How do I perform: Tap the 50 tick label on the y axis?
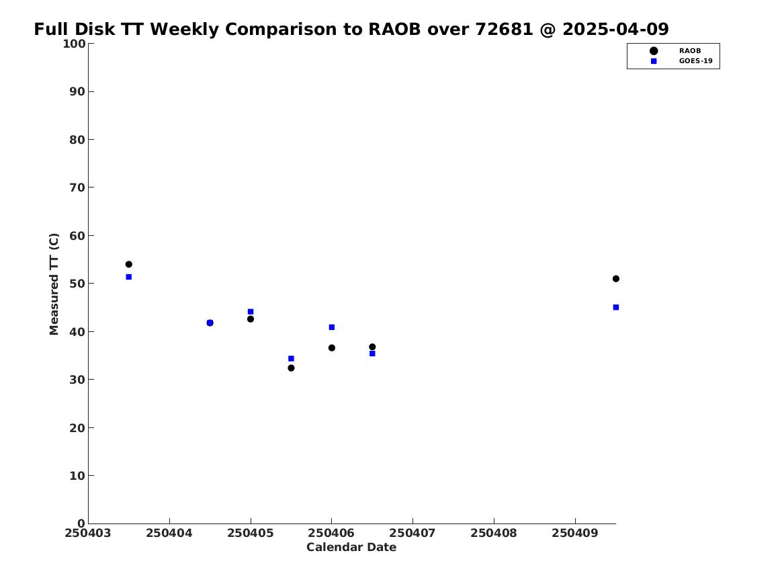[x=77, y=284]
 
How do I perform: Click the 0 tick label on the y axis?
[x=81, y=523]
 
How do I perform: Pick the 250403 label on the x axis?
[x=88, y=533]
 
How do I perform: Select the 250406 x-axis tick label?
[x=331, y=533]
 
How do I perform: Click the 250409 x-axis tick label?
[x=575, y=533]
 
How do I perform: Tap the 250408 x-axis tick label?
[x=494, y=533]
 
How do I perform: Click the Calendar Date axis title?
[x=351, y=547]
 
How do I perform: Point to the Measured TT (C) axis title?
[x=54, y=284]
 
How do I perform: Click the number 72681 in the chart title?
[x=504, y=29]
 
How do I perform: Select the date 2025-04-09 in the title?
[x=615, y=29]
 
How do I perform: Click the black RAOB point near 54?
[x=128, y=264]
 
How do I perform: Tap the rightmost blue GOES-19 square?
[x=616, y=308]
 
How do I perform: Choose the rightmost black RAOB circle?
[x=616, y=278]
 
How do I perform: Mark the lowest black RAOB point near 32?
[x=291, y=368]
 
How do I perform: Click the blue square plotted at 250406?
[x=331, y=327]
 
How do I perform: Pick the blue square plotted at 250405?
[x=251, y=312]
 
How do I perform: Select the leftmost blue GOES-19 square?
[x=128, y=276]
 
